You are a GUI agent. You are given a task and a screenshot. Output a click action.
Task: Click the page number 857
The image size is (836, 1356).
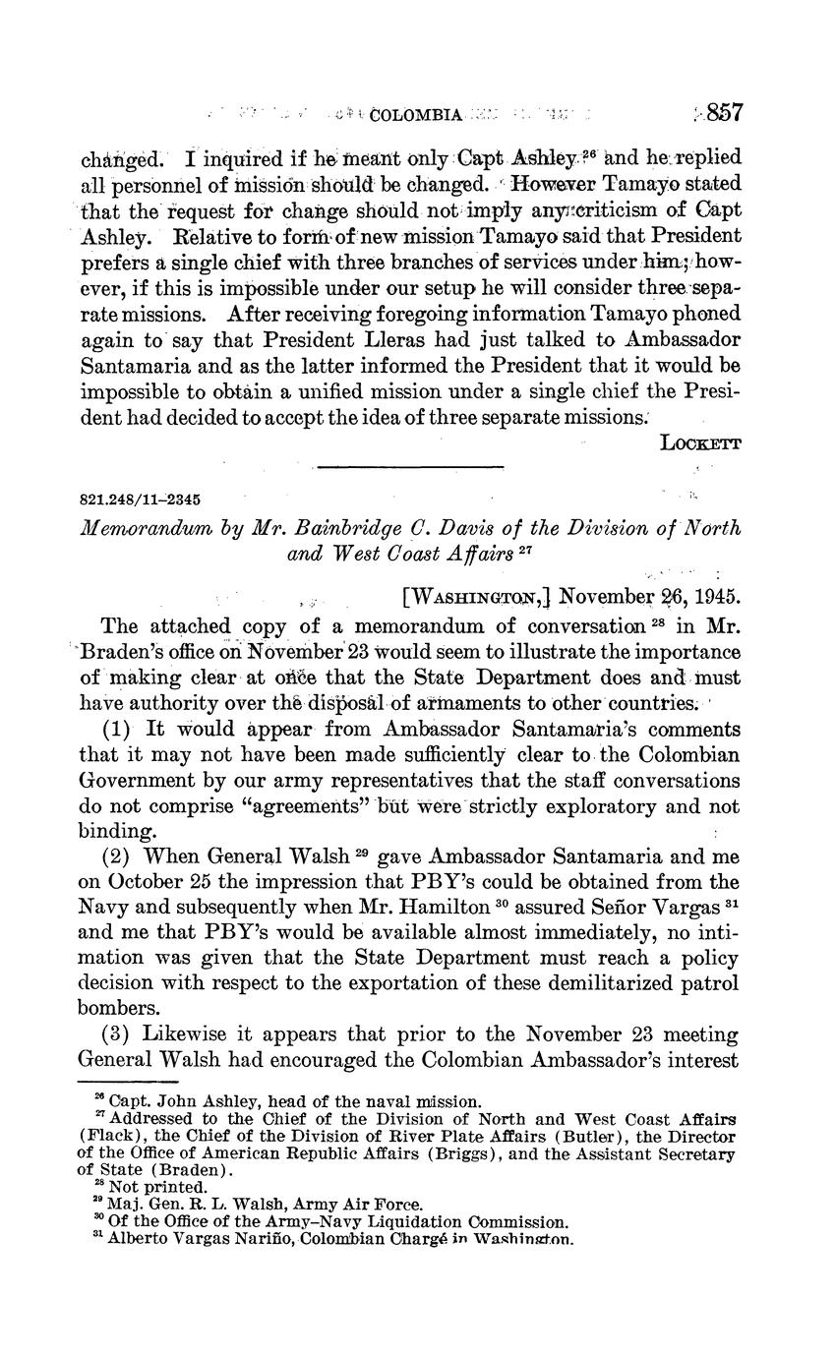(x=723, y=113)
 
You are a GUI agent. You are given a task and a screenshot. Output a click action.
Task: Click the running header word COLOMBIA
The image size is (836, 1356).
(x=419, y=115)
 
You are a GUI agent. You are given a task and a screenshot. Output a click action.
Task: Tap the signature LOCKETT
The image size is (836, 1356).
(x=701, y=442)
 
